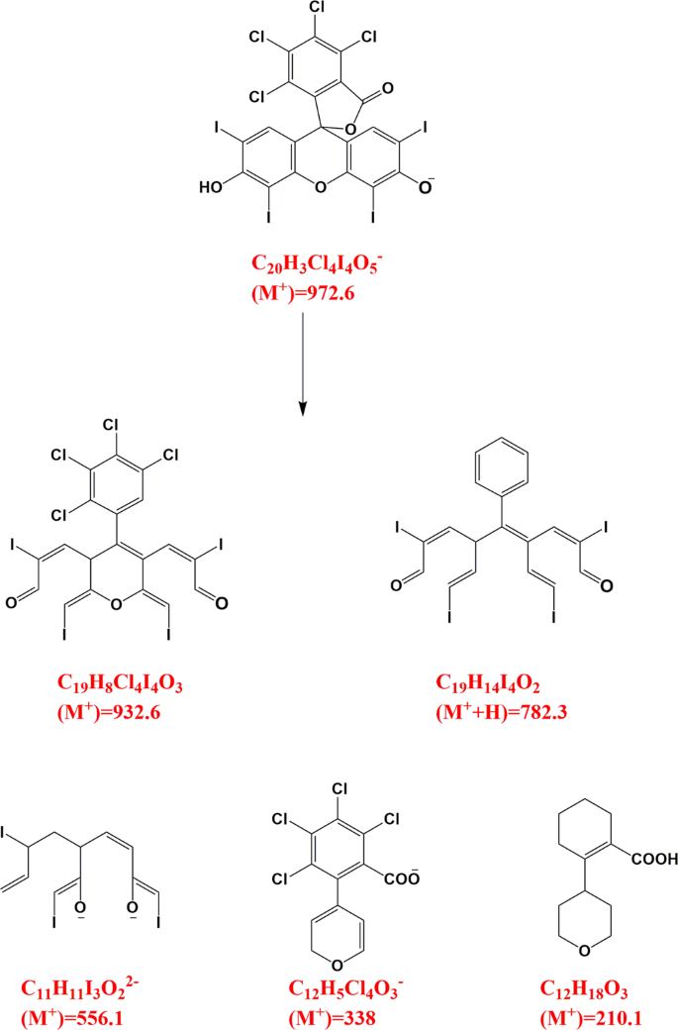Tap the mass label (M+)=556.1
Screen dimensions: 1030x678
point(70,1016)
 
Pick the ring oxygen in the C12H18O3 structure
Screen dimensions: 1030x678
point(585,954)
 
